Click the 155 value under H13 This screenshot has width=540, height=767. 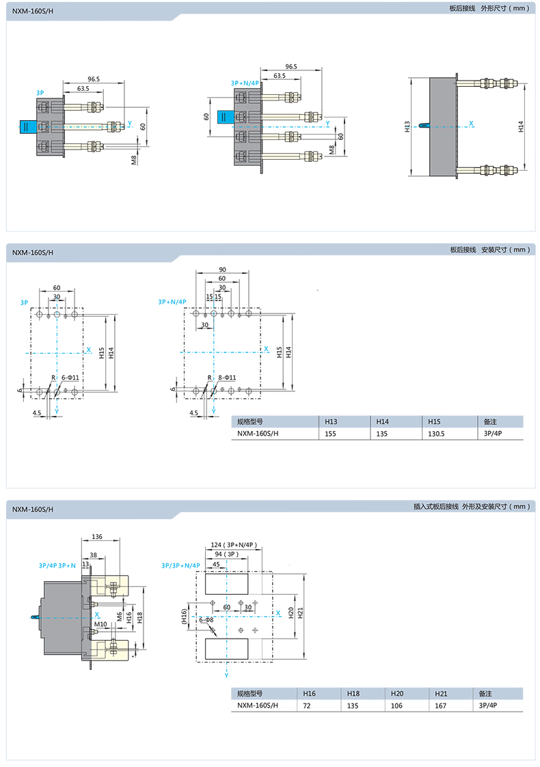[330, 434]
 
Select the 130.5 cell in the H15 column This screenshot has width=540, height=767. [436, 434]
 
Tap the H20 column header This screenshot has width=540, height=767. [397, 693]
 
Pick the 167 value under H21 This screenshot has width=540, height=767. [441, 706]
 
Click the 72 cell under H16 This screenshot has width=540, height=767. [306, 706]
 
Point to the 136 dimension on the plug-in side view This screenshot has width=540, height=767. [97, 537]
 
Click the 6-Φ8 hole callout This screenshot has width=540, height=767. [206, 619]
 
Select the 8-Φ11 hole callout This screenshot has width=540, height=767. [227, 378]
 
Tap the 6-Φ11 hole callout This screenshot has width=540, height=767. [70, 378]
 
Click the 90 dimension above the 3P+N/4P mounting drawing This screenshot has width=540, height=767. [222, 270]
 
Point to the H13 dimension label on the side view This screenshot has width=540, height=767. [407, 126]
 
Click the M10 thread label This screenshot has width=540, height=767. [100, 624]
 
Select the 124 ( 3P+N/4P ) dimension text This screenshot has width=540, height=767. [234, 545]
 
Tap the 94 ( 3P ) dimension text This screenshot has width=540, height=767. [227, 554]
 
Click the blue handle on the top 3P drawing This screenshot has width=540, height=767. [27, 126]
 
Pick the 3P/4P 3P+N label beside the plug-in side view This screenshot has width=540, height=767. [57, 566]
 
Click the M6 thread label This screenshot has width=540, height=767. [120, 617]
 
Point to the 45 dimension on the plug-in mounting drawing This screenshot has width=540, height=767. [217, 564]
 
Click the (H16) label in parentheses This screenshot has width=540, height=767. [184, 616]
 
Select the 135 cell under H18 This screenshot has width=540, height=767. [353, 706]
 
